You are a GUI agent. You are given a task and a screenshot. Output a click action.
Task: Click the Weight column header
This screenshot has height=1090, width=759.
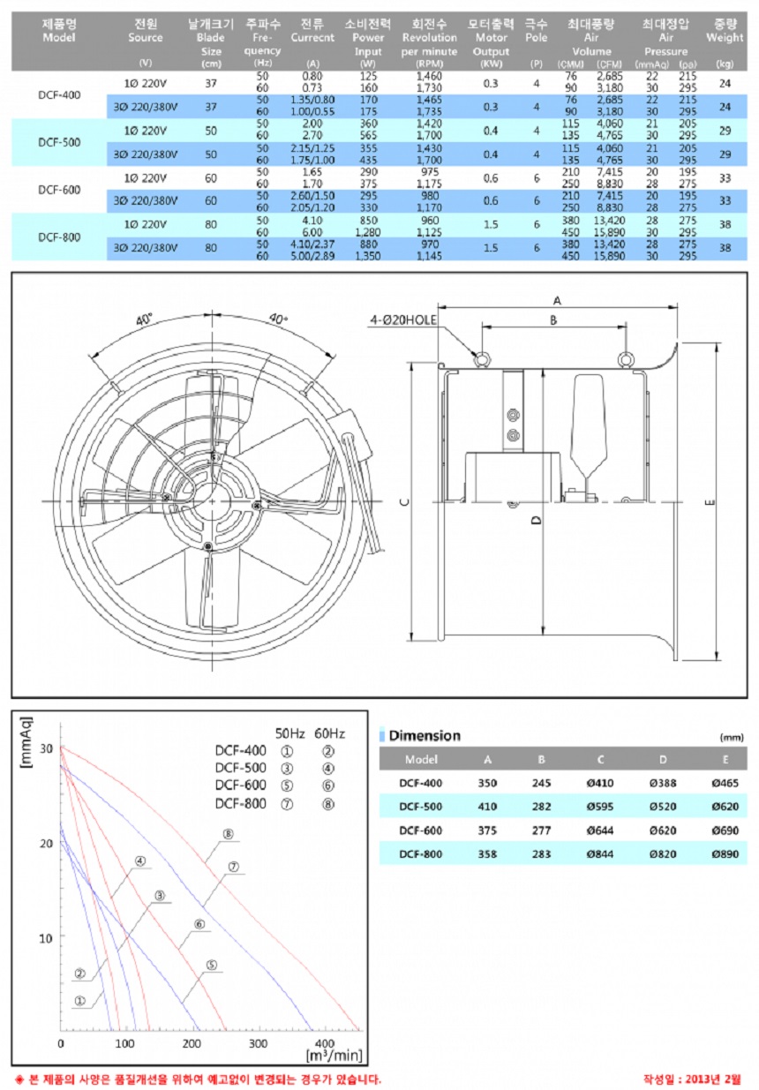(725, 31)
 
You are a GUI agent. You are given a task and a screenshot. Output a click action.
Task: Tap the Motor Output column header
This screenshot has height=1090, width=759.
(491, 37)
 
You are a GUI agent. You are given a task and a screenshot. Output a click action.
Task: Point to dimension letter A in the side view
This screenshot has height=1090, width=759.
(558, 300)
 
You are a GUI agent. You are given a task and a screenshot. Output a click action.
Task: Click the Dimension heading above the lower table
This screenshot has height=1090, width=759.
(425, 735)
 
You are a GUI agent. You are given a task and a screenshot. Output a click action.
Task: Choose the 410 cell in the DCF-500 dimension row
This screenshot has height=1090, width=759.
(489, 806)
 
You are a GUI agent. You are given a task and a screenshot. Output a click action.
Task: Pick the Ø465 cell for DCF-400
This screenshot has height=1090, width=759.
(725, 782)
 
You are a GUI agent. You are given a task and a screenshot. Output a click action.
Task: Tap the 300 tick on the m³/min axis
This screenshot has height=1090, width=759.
(259, 1043)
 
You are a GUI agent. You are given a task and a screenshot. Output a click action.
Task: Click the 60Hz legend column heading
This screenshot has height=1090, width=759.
(330, 733)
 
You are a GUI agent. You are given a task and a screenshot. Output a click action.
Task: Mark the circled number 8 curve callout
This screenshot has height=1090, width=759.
(228, 833)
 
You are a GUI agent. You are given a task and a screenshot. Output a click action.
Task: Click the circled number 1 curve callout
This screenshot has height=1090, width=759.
(79, 1001)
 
